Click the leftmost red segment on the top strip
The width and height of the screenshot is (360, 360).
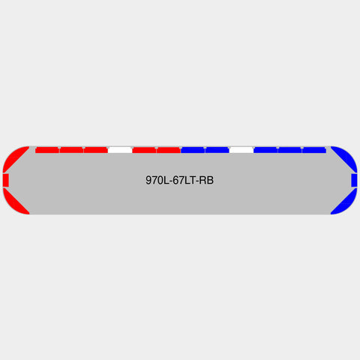[47, 150]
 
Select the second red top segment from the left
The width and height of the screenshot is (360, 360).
[71, 150]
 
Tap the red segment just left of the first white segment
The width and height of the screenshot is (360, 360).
[96, 150]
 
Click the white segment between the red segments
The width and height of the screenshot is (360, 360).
[120, 150]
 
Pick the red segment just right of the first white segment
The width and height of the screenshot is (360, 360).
[144, 150]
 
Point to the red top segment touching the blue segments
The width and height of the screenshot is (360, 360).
[169, 150]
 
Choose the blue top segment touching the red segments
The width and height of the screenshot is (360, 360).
[193, 150]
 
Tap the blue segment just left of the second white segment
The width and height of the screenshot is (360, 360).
[217, 150]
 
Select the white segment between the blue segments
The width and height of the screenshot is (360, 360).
[241, 150]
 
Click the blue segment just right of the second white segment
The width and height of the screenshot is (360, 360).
[265, 150]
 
